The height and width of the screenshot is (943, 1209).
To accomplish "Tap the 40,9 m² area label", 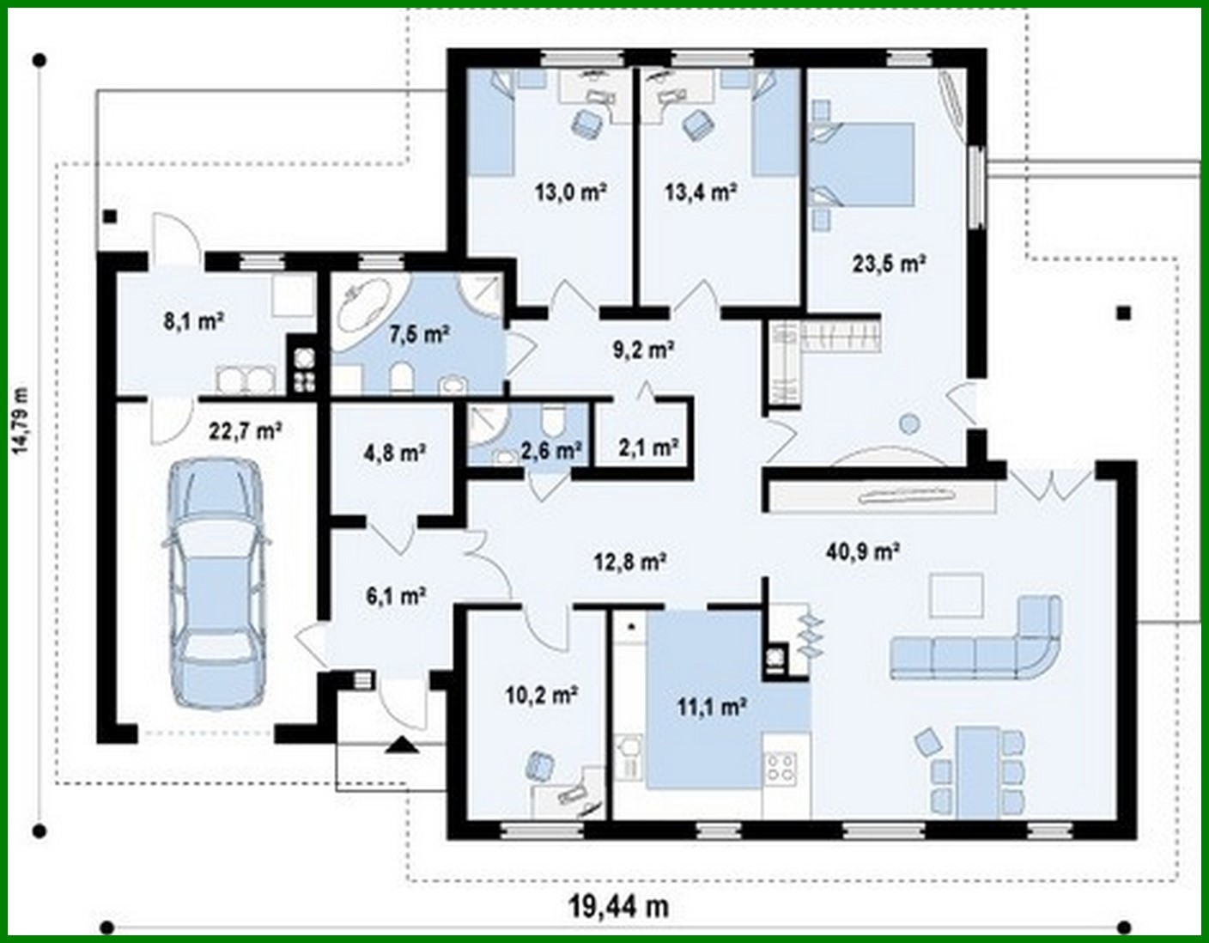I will (x=862, y=551).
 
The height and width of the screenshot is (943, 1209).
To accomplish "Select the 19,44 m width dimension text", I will (x=618, y=905).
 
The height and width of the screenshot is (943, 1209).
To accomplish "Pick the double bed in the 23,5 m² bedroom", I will (x=867, y=164).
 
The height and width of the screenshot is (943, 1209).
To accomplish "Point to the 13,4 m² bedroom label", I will (x=700, y=192).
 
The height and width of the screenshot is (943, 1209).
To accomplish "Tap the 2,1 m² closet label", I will (x=648, y=447).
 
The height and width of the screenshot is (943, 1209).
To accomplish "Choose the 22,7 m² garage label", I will (x=246, y=430).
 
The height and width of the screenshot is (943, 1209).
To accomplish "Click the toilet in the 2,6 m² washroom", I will (x=551, y=421).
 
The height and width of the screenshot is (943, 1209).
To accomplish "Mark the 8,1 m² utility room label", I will (x=193, y=321).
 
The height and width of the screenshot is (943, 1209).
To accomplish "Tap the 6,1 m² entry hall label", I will (x=398, y=595).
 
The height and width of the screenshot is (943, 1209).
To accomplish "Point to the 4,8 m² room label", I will (x=395, y=452).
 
